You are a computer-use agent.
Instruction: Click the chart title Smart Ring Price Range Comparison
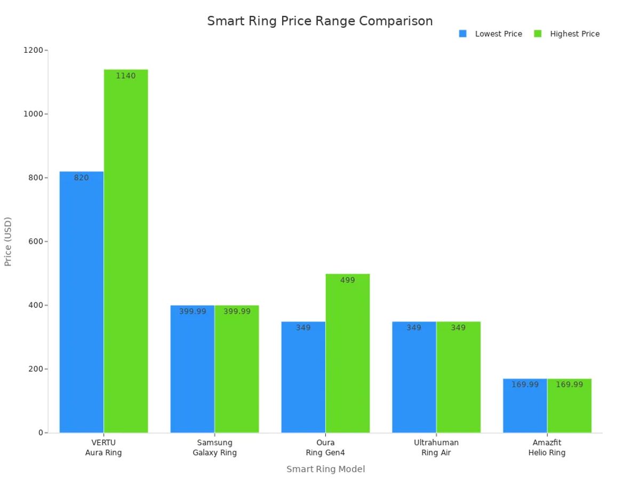[x=319, y=21]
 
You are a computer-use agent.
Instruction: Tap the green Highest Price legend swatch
[x=538, y=34]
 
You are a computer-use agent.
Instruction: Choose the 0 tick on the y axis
[x=41, y=433]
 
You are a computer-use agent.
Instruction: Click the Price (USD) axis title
[x=8, y=241]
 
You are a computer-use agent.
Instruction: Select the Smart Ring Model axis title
[x=325, y=469]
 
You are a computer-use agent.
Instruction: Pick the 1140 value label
[x=126, y=76]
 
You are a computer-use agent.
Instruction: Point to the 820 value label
[x=82, y=178]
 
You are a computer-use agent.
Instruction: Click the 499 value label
[x=347, y=280]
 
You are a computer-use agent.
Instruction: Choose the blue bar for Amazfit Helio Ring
[x=525, y=406]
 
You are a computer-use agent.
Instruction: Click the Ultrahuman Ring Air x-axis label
[x=436, y=447]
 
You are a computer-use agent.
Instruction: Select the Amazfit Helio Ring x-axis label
[x=547, y=447]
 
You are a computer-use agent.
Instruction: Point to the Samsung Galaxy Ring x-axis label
[x=214, y=447]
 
